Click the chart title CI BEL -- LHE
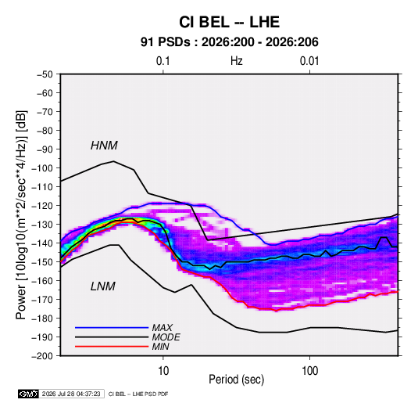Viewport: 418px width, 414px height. coord(229,22)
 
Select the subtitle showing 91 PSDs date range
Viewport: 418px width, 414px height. coord(230,42)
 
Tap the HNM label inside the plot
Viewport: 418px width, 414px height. coord(104,146)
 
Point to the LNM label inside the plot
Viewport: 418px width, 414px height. coord(103,286)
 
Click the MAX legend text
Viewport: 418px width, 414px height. coord(163,328)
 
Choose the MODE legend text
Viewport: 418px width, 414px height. coord(166,337)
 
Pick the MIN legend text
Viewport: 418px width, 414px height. coord(160,347)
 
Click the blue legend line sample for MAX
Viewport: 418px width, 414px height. coord(112,328)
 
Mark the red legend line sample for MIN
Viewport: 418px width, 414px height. coord(112,347)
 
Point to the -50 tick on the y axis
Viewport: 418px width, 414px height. coord(45,74)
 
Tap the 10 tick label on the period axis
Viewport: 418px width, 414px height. coord(163,371)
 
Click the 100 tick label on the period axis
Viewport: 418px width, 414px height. coord(309,371)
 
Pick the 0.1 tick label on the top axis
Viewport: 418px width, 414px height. coord(163,61)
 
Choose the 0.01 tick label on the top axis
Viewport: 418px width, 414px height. coord(309,61)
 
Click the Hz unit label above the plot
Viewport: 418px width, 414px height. coord(237,61)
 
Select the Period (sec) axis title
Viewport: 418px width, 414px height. coord(237,380)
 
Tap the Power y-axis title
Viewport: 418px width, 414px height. coord(21,214)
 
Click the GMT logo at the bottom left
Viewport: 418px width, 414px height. coord(28,394)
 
